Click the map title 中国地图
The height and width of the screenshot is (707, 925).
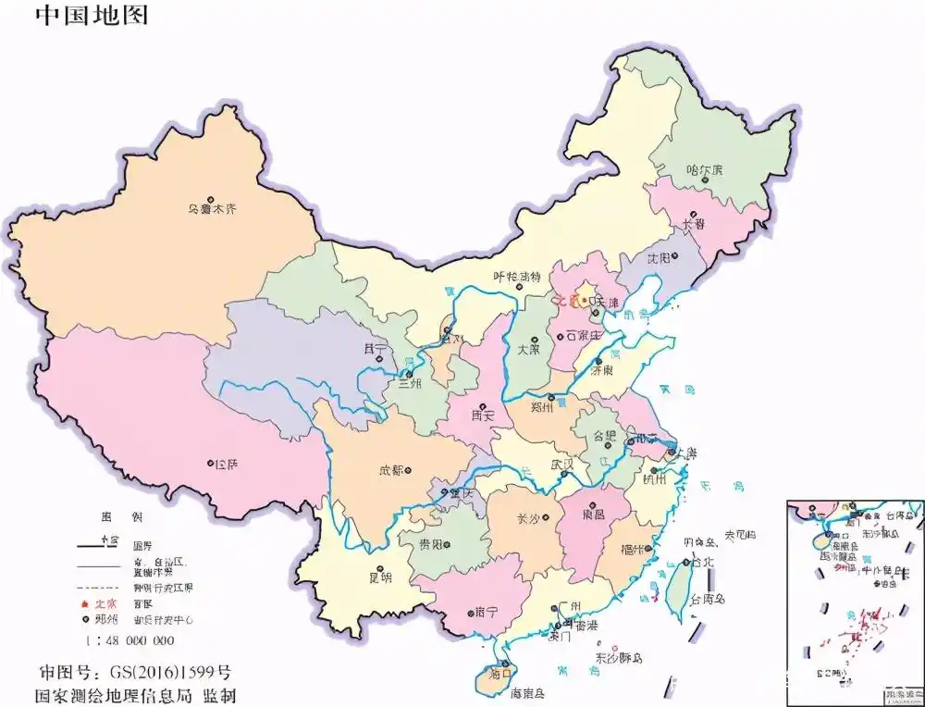click(x=92, y=16)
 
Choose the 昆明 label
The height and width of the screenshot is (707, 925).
click(x=379, y=578)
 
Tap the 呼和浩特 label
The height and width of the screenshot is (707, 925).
click(x=516, y=277)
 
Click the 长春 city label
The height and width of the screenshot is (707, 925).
click(x=694, y=224)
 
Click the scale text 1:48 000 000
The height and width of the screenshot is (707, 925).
click(x=129, y=640)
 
